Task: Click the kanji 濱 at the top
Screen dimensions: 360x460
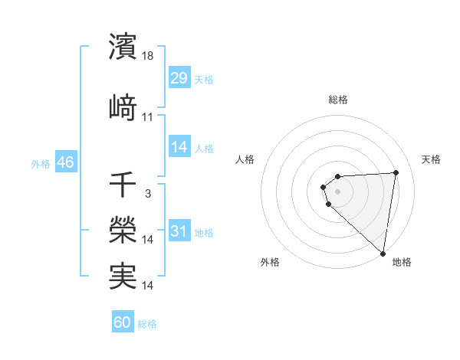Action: [x=123, y=47]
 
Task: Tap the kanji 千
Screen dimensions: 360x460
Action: [x=123, y=185]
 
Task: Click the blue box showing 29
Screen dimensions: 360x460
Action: [x=179, y=79]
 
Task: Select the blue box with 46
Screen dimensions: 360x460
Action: [x=65, y=163]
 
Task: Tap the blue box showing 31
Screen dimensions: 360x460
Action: [x=179, y=232]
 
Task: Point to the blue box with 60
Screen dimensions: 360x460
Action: [x=123, y=323]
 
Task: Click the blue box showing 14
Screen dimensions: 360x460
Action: [x=179, y=148]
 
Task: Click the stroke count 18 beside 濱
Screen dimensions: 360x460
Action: [x=149, y=55]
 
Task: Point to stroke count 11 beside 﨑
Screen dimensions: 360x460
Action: [x=148, y=116]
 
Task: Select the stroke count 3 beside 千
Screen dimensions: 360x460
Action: [x=148, y=194]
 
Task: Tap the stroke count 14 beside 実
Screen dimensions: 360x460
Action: [x=149, y=286]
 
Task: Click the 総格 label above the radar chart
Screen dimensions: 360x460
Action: [x=337, y=100]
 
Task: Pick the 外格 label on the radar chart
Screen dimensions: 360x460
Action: [x=270, y=263]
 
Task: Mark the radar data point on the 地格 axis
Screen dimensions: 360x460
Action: [x=383, y=254]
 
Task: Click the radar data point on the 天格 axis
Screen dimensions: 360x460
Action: [x=396, y=172]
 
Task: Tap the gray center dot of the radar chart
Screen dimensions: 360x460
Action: [x=337, y=191]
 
